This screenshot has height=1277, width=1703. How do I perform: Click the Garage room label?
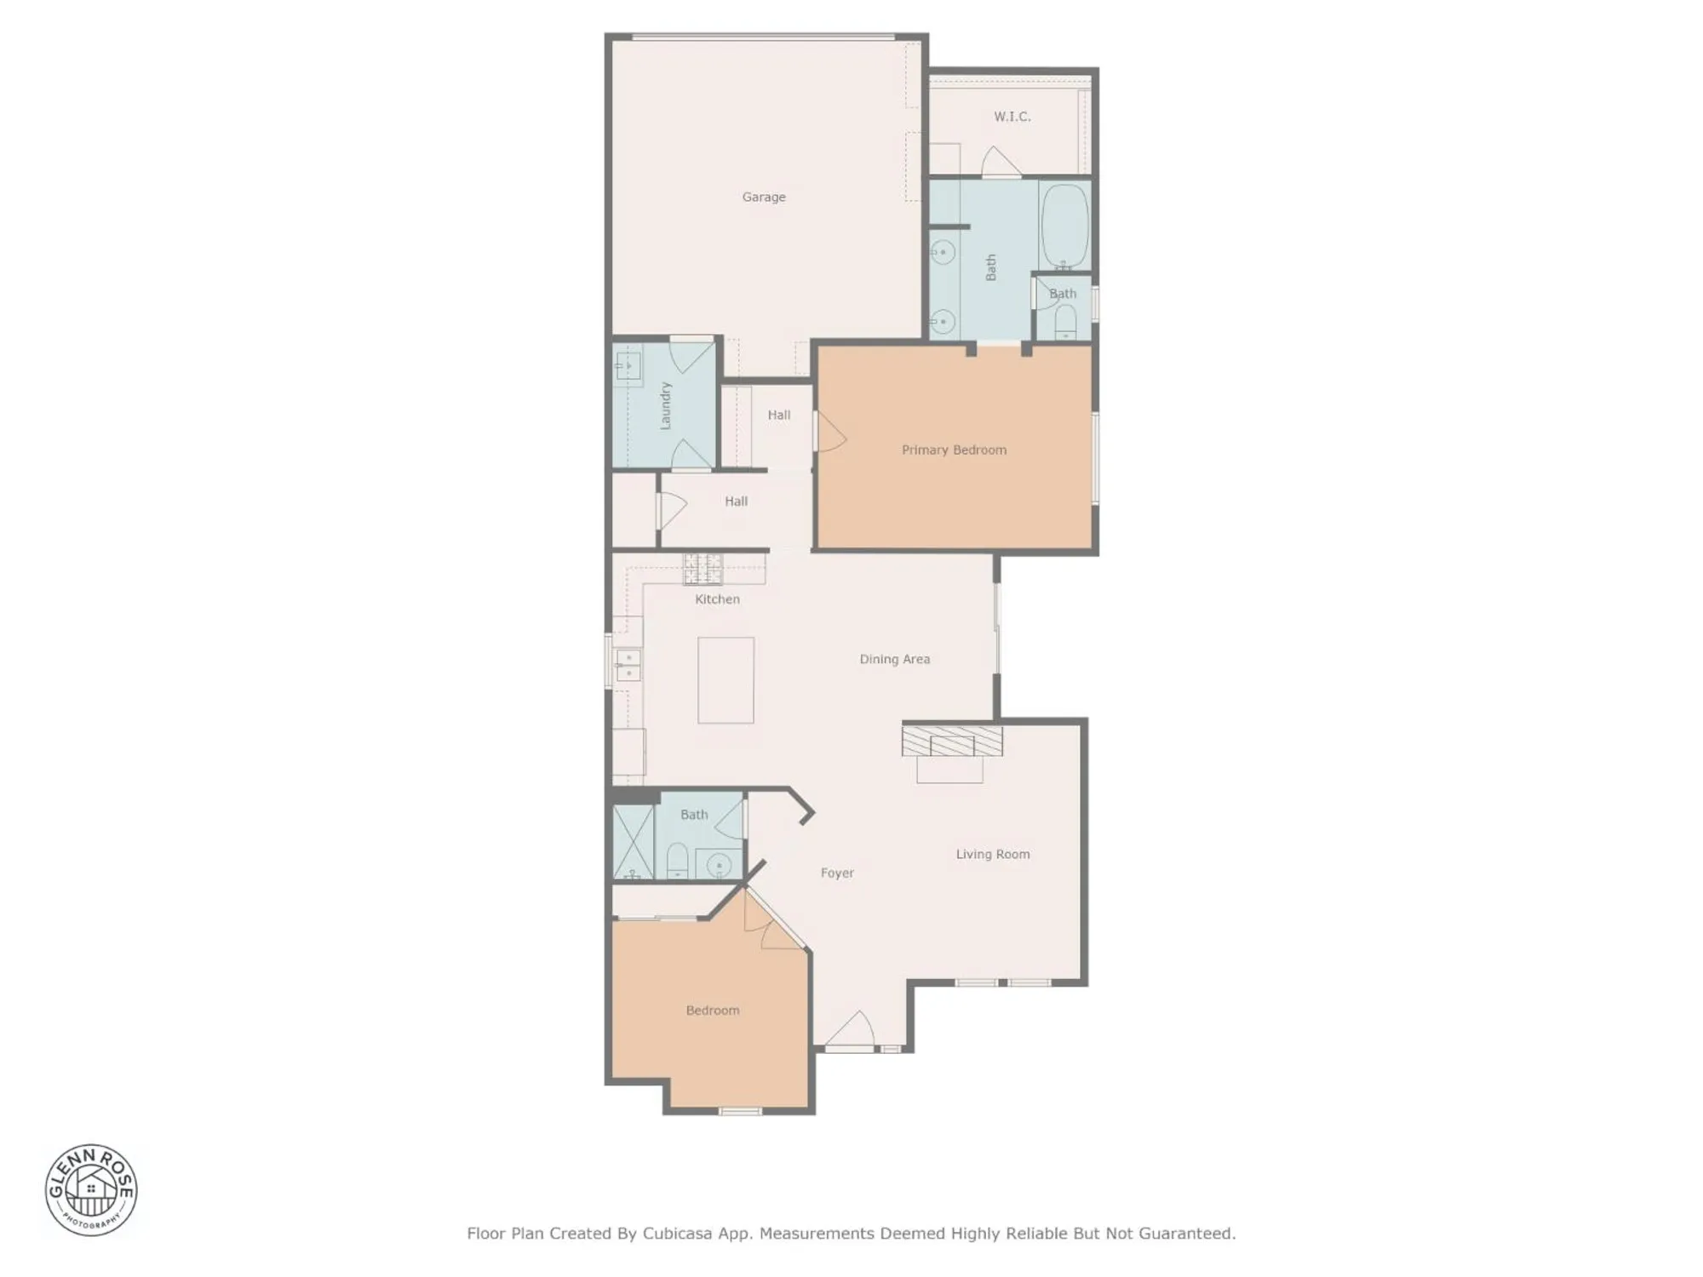(763, 197)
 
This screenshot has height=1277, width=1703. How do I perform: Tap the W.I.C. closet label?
(1012, 117)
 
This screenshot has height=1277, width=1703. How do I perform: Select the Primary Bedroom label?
(954, 450)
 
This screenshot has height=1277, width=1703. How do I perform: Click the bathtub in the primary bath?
(1064, 226)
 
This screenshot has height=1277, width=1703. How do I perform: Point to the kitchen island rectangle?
(725, 680)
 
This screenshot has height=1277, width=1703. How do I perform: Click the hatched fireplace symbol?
(952, 741)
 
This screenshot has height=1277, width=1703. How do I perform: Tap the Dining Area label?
(894, 659)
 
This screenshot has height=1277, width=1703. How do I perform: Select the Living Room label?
(992, 854)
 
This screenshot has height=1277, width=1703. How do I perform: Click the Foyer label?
(836, 873)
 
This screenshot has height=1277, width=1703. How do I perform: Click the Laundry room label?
(666, 405)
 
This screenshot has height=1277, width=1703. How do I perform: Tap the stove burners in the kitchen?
(702, 569)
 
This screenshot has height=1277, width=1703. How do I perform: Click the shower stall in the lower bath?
(633, 841)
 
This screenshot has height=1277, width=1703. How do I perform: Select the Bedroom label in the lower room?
(712, 1011)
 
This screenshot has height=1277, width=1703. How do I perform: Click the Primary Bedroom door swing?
(830, 432)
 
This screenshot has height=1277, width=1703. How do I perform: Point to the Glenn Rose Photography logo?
(91, 1189)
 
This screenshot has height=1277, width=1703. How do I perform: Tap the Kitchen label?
(717, 599)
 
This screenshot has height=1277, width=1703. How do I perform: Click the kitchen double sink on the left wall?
(628, 665)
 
